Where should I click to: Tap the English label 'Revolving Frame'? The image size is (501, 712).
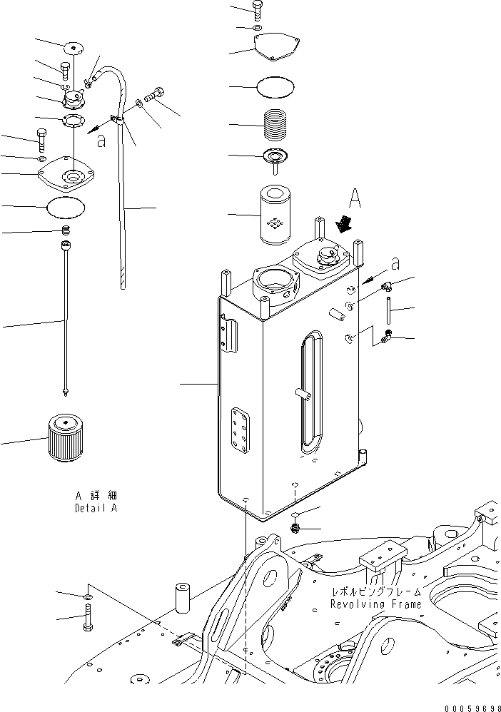click(375, 604)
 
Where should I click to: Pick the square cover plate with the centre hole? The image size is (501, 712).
click(70, 175)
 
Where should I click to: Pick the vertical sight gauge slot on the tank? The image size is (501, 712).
click(309, 392)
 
